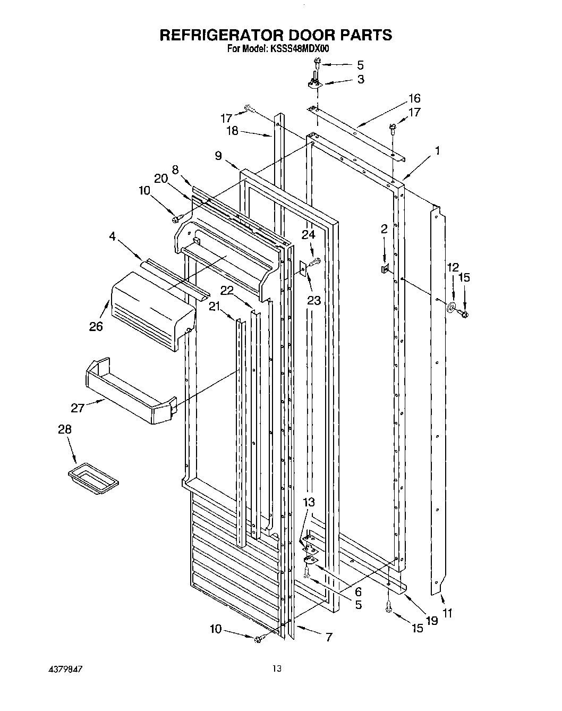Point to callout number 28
(x=64, y=429)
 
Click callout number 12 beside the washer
(x=452, y=267)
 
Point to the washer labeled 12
(x=452, y=307)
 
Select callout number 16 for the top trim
(x=414, y=98)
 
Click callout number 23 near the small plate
(x=314, y=301)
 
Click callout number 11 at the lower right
(x=447, y=614)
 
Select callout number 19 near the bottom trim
(x=431, y=620)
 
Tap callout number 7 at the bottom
(x=329, y=637)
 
